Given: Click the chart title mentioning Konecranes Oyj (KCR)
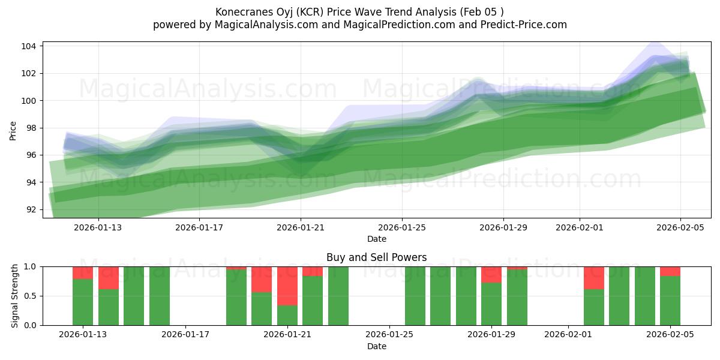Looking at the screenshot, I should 359,12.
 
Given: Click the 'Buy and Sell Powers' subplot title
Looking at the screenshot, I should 376,257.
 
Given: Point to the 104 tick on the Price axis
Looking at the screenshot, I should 31,46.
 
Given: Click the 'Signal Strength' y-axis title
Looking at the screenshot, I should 15,296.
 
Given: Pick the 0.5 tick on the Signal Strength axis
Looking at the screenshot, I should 31,296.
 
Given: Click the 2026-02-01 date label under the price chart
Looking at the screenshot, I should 580,228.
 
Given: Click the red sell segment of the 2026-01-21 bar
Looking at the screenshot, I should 287,286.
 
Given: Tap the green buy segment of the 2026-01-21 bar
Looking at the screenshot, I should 287,315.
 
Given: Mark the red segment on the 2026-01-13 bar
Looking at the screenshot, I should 83,272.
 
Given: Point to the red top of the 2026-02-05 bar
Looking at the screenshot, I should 670,271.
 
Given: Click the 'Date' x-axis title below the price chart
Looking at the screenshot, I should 377,239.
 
